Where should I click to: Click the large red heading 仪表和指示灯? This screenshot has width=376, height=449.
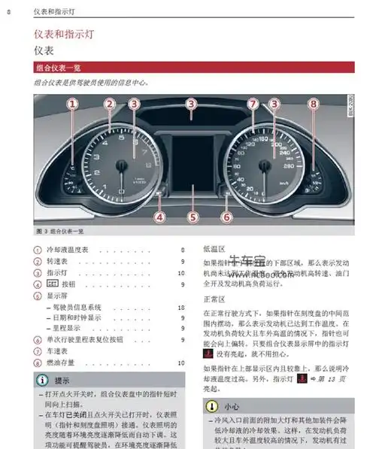67,35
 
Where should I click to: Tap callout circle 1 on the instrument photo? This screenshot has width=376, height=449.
72,106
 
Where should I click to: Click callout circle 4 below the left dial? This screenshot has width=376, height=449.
159,217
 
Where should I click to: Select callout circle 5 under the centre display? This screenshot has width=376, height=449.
193,217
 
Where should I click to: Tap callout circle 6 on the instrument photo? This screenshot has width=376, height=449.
226,217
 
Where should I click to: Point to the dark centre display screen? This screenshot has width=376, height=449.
193,159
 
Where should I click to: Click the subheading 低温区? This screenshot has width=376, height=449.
213,248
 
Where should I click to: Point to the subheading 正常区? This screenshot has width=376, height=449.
213,299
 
